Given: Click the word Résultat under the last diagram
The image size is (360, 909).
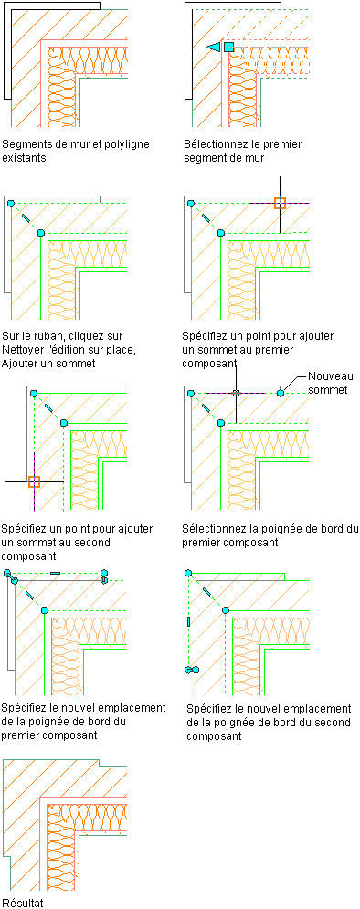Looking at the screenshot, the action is click(x=23, y=902).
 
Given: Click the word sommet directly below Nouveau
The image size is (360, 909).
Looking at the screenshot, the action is click(x=327, y=390).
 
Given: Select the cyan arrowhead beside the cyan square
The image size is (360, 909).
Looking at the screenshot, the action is click(x=214, y=47).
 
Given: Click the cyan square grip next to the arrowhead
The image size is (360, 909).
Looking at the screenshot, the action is click(x=229, y=47).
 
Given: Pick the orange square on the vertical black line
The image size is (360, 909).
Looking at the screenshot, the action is click(x=280, y=203).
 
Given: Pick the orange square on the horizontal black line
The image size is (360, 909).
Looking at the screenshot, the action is click(x=34, y=481).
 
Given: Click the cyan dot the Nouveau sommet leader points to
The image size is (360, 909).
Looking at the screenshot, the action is click(x=280, y=393).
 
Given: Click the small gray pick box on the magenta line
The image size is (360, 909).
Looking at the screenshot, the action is click(x=236, y=393).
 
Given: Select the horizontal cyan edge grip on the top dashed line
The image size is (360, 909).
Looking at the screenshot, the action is click(x=55, y=573).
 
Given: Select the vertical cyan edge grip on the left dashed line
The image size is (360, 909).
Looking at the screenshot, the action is click(x=189, y=621).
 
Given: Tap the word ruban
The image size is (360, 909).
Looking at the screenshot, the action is click(x=47, y=336).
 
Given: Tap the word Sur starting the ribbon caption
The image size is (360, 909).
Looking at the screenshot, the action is click(x=10, y=336).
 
